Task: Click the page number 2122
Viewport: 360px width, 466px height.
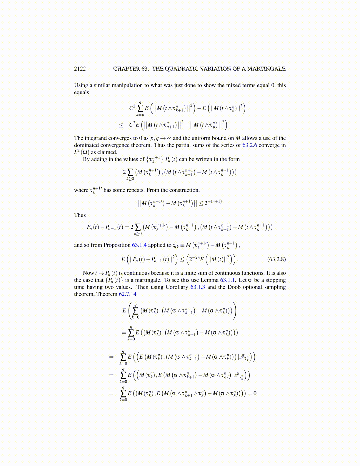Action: coord(80,69)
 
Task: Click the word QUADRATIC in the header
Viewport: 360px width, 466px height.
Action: coord(181,69)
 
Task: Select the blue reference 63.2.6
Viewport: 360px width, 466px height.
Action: coord(250,145)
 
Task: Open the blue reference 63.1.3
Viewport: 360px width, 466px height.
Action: coord(198,287)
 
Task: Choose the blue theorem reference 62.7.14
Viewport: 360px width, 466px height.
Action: coord(127,294)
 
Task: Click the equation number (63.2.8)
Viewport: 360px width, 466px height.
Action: coord(276,259)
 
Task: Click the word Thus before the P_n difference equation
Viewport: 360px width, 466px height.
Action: coord(80,215)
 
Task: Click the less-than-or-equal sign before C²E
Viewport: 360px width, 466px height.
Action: coord(121,125)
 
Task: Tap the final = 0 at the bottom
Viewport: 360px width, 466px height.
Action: coord(252,393)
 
